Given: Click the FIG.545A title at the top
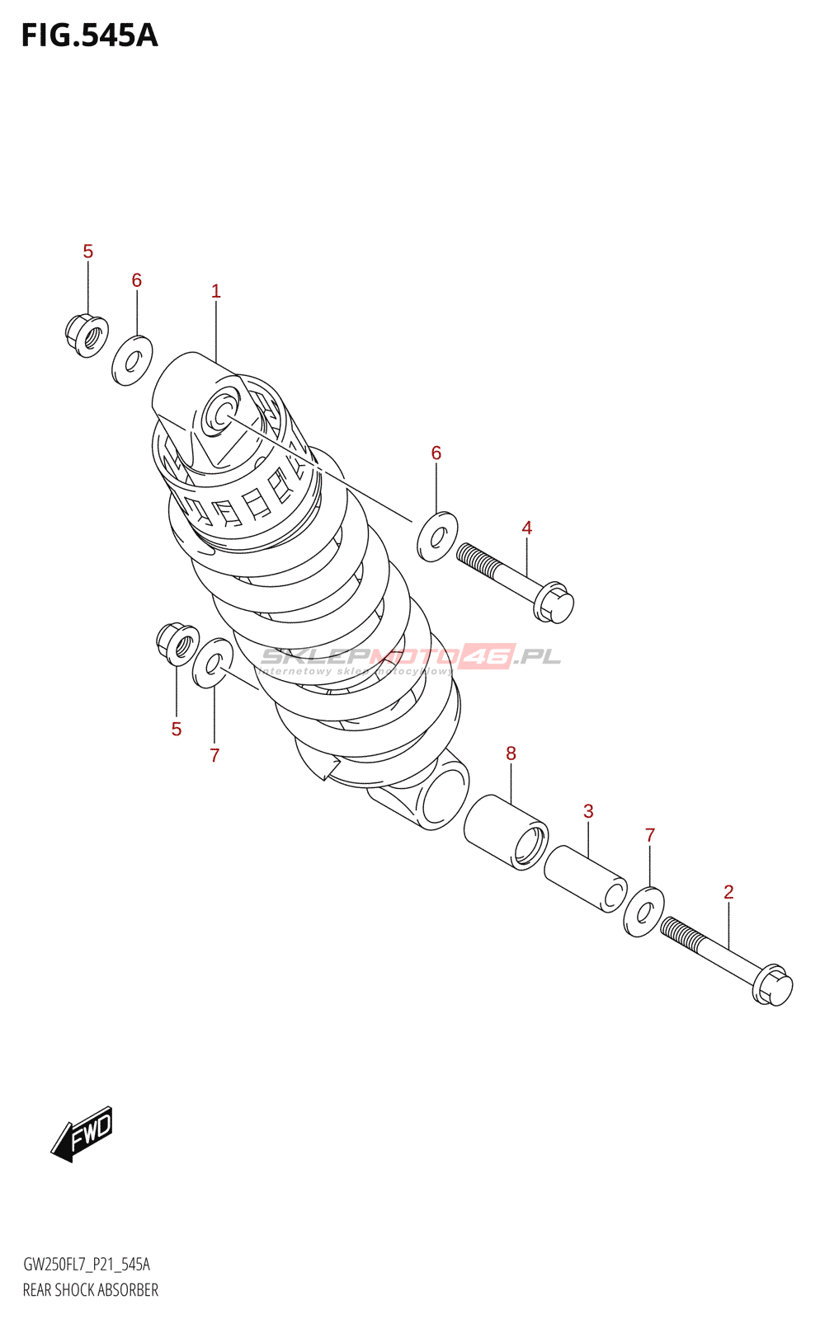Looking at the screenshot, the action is (x=89, y=35).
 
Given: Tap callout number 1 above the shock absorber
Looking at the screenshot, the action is (x=215, y=291).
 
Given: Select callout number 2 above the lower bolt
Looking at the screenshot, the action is (x=728, y=892).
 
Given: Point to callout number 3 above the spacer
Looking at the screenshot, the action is (x=588, y=811).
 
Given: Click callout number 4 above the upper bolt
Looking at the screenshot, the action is (x=526, y=528).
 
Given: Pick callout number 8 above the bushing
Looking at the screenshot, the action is (x=511, y=753).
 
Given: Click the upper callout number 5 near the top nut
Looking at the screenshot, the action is (x=88, y=251).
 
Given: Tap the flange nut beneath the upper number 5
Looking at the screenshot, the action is (x=87, y=335).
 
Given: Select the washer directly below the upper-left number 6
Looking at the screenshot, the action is (x=132, y=360).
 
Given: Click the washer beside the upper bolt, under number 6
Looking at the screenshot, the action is (x=437, y=537).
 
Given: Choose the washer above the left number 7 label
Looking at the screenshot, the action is (x=213, y=663).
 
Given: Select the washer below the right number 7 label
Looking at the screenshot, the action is (x=644, y=912).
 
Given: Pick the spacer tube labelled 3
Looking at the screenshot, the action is (x=585, y=879).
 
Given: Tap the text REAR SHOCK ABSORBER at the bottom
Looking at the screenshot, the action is (x=91, y=1290).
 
